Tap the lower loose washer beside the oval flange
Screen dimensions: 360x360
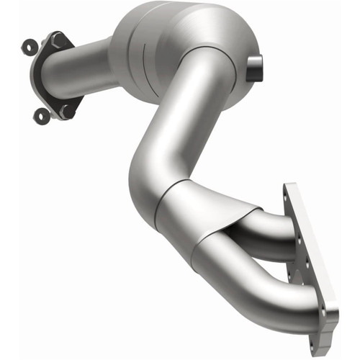pos(41,115)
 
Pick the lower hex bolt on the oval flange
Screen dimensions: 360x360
pos(66,111)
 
